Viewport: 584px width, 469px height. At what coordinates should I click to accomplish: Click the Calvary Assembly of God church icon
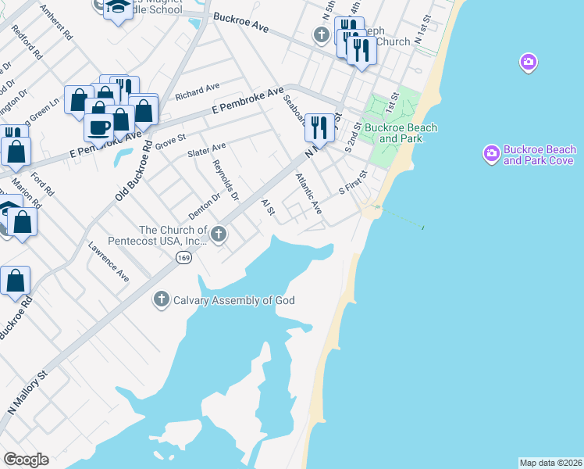pyautogui.click(x=162, y=299)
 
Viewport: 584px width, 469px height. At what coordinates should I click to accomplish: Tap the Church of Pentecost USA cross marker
pyautogui.click(x=219, y=234)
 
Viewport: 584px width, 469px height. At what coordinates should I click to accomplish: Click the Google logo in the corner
pyautogui.click(x=26, y=460)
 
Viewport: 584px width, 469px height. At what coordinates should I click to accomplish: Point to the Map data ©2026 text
pyautogui.click(x=550, y=462)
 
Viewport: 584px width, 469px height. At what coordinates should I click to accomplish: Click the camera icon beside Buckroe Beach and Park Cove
pyautogui.click(x=492, y=154)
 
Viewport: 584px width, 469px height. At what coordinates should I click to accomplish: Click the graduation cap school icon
pyautogui.click(x=117, y=8)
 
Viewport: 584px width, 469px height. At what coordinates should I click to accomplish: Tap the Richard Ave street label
pyautogui.click(x=198, y=91)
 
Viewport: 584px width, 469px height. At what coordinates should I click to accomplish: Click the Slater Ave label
pyautogui.click(x=206, y=149)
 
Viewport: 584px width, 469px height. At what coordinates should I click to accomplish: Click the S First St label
pyautogui.click(x=352, y=184)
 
